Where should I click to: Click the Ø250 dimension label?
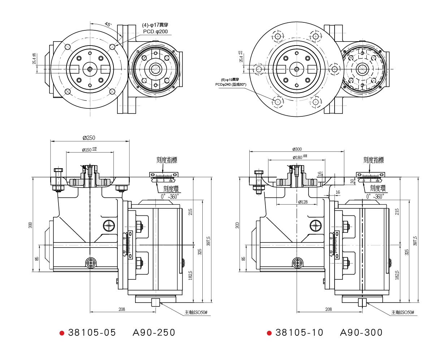pos(89,138)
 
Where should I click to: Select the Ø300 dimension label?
pos(297,149)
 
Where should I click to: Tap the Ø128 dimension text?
pos(303,202)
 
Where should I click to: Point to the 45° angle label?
pos(108,25)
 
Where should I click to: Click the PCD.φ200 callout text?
pos(155,31)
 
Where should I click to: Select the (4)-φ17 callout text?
pos(155,25)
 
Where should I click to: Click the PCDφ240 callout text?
pos(231,85)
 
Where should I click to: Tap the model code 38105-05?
pos(92,333)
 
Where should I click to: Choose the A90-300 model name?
pos(361,333)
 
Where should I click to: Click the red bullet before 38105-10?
pos(269,333)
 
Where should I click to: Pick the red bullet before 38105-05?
pos(62,333)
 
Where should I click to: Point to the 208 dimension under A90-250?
pos(122,309)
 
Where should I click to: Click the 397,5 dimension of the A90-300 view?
pos(415,241)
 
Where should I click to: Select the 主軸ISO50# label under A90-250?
pos(196,312)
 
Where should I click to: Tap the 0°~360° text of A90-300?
pos(375,197)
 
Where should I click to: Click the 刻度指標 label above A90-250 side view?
pos(167,160)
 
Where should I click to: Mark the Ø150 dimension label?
pos(87,150)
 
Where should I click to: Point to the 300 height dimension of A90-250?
pos(30,225)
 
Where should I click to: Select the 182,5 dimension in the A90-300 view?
pos(397,275)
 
